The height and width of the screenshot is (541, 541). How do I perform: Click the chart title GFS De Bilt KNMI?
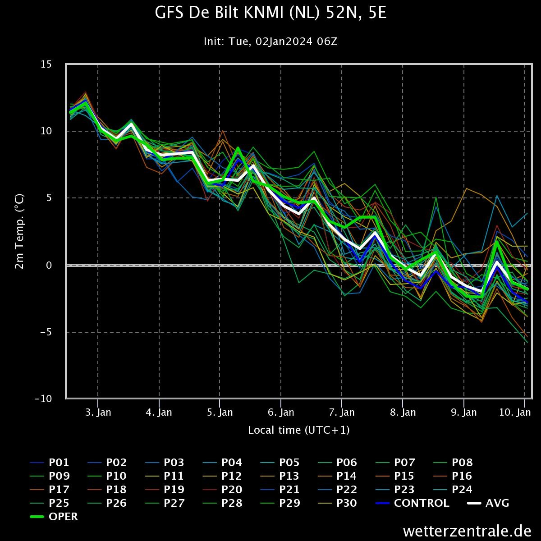[x=270, y=14]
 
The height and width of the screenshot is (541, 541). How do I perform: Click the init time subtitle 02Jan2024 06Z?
[x=270, y=41]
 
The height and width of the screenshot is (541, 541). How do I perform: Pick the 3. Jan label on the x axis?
[x=98, y=412]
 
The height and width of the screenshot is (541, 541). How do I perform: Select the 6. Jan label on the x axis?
[x=281, y=412]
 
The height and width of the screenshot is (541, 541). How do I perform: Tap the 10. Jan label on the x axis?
[x=523, y=412]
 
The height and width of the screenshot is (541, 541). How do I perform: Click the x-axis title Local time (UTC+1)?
[x=298, y=430]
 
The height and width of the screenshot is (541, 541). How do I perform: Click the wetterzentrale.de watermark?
[x=467, y=531]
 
